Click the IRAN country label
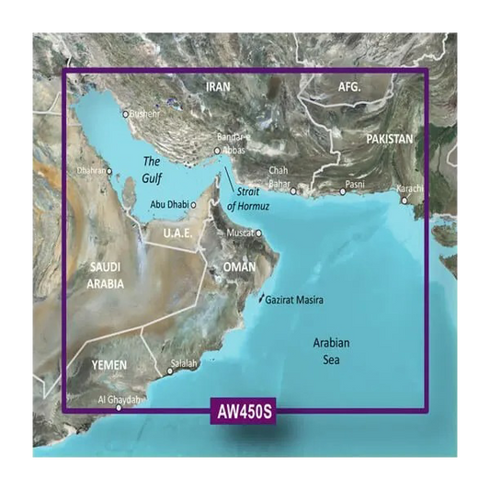[x=218, y=87]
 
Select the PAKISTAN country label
[x=389, y=139]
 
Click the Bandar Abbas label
[x=230, y=142]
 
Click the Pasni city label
[x=354, y=185]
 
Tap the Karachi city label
[x=409, y=188]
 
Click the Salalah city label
[x=183, y=364]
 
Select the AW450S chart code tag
[x=245, y=411]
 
